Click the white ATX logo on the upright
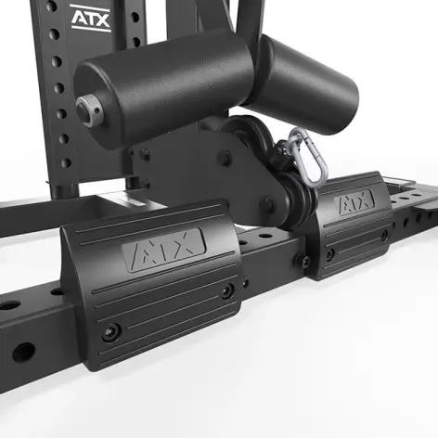tap(91, 16)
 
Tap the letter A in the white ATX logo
tap(78, 16)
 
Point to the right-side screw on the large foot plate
tap(226, 293)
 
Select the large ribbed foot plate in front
tap(158, 278)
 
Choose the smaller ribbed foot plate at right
tap(348, 223)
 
